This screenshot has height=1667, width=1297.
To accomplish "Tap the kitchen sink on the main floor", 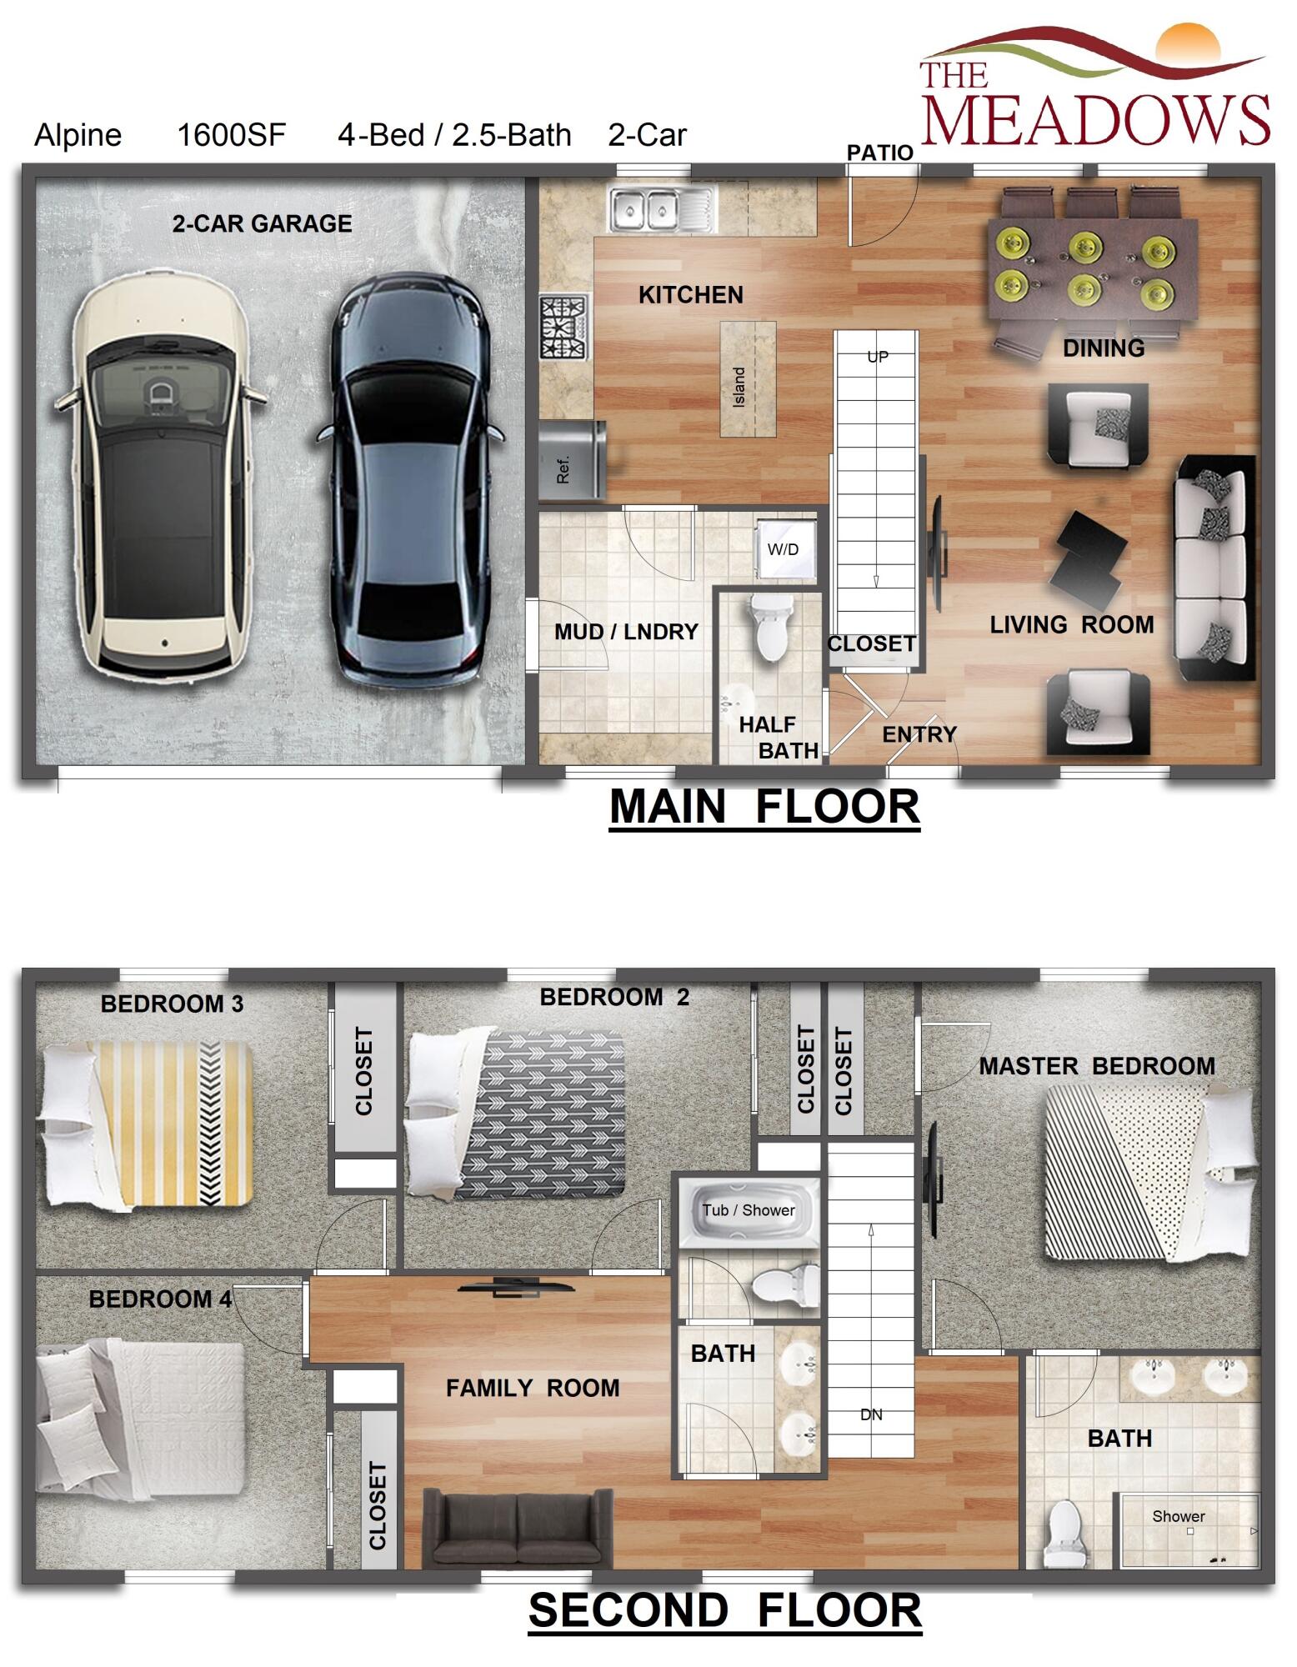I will (x=661, y=210).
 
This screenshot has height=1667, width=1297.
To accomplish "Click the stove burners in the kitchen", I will (x=563, y=327).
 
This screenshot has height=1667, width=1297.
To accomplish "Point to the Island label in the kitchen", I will (x=739, y=387).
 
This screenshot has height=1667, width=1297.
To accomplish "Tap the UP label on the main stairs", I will (x=878, y=357).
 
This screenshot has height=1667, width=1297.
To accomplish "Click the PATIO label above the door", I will (x=879, y=153).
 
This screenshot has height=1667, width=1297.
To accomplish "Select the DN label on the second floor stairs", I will (x=871, y=1414).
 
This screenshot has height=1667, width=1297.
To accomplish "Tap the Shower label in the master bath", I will (x=1178, y=1516).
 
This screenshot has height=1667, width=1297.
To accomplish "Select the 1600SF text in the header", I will (x=231, y=135).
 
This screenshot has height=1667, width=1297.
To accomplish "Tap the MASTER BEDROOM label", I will (x=1096, y=1066).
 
